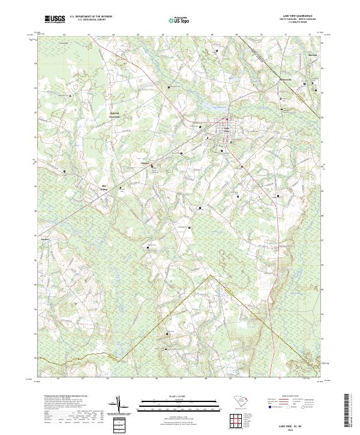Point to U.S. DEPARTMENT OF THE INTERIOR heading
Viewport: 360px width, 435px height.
[x=91, y=16]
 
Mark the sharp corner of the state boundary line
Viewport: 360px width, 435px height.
[x=209, y=277]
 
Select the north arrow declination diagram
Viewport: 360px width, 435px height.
[x=120, y=409]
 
